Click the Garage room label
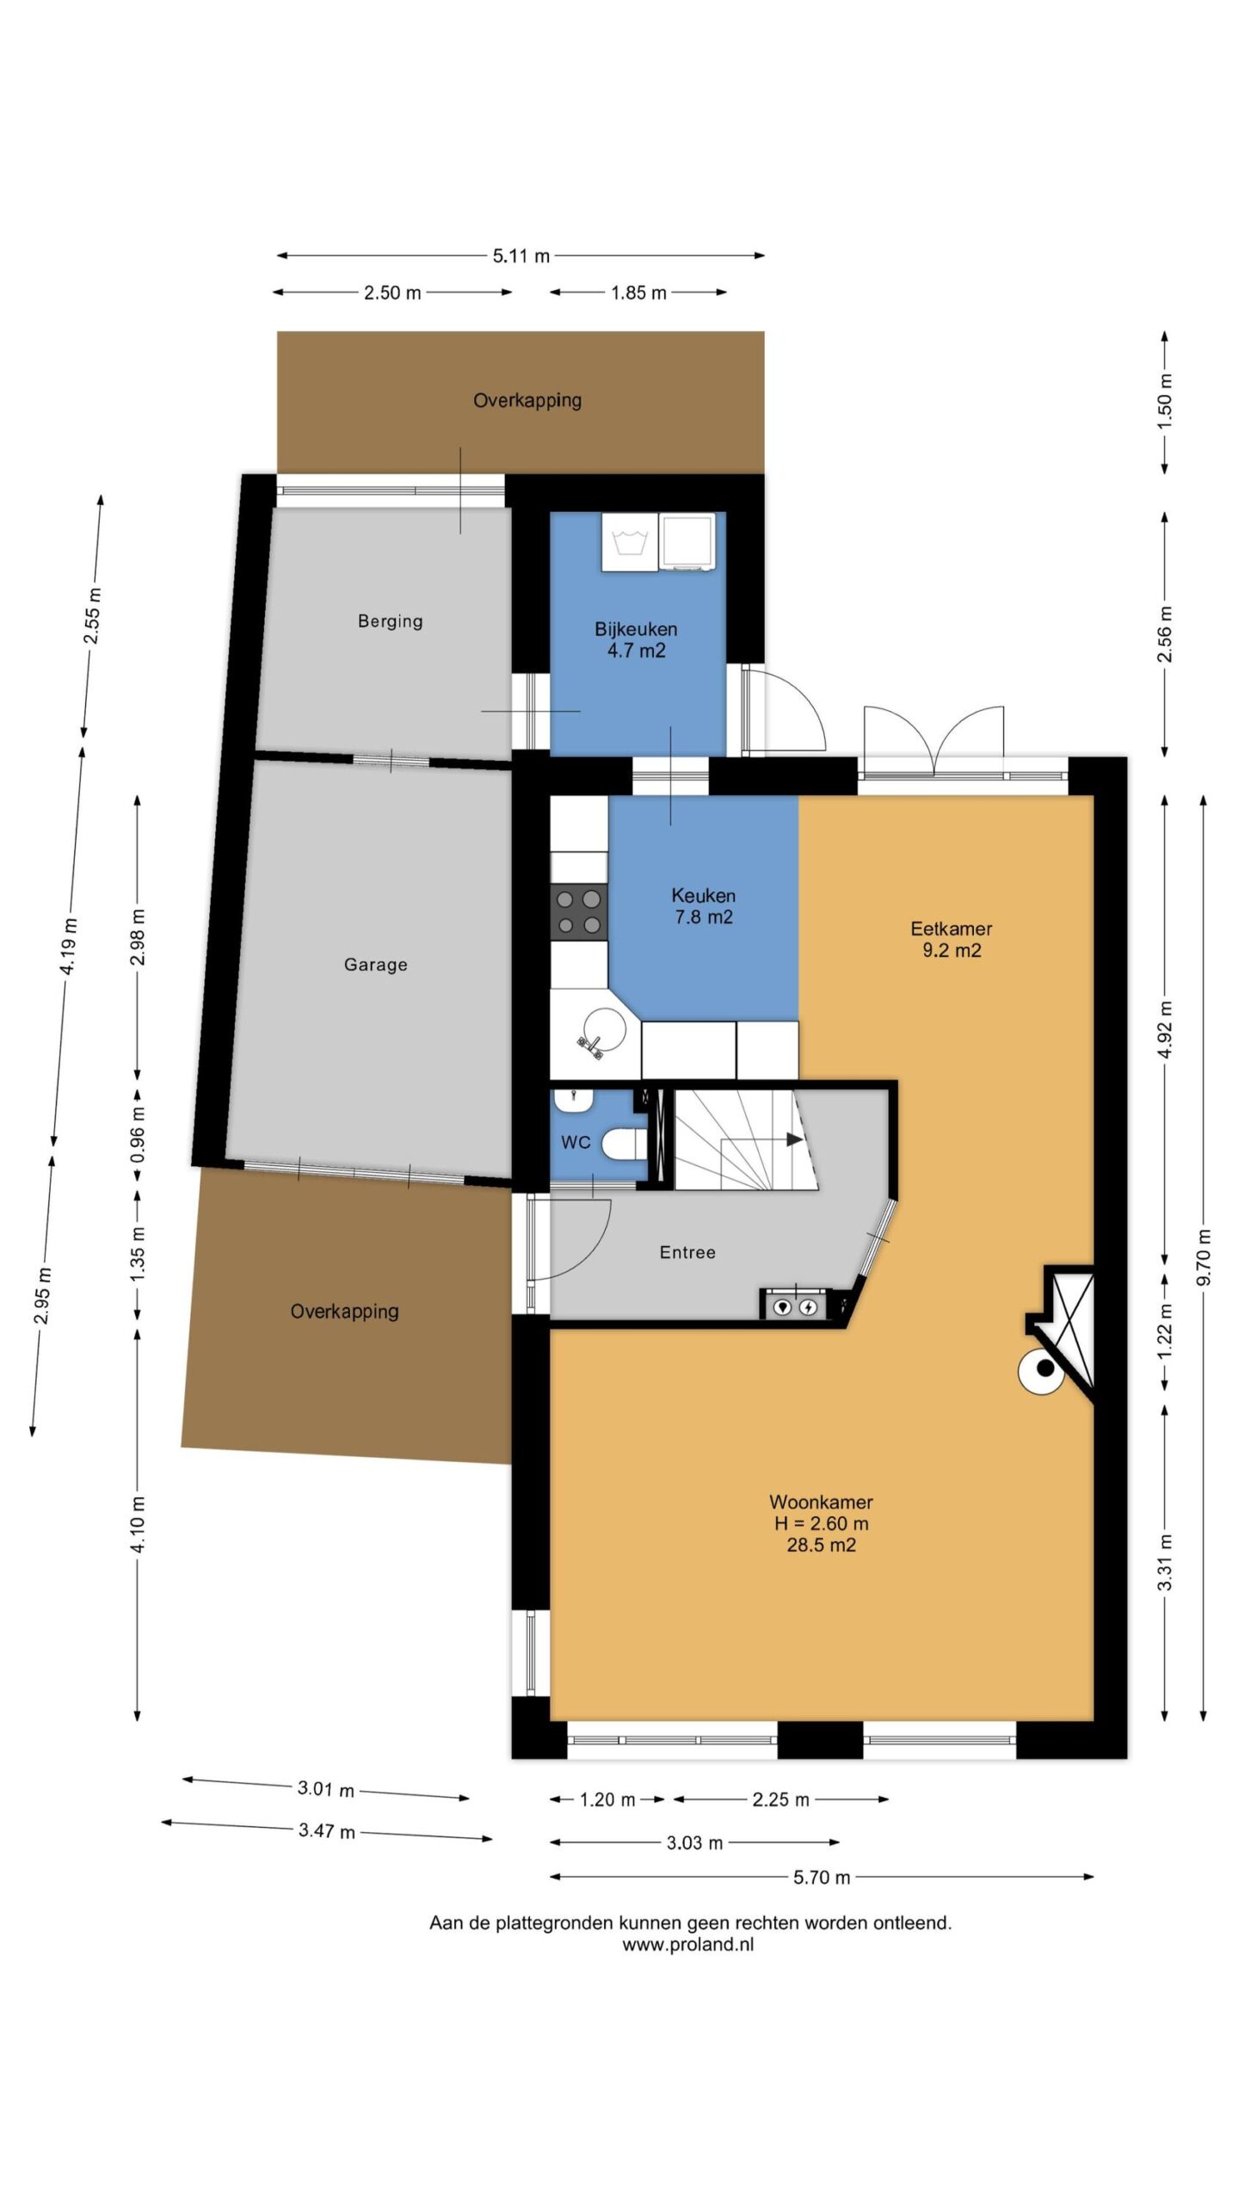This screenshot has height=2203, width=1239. click(x=375, y=965)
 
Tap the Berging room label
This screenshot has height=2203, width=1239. click(x=390, y=620)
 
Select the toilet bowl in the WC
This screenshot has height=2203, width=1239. click(x=624, y=1145)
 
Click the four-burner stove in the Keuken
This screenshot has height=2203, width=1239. click(x=578, y=912)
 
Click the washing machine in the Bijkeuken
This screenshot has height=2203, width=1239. click(x=629, y=541)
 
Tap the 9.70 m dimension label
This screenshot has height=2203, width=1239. click(x=1203, y=1257)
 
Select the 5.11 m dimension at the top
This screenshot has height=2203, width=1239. click(x=521, y=256)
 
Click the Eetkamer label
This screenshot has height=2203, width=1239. click(x=951, y=929)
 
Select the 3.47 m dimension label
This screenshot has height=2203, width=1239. click(x=327, y=1830)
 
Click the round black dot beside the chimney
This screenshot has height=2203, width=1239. click(x=1045, y=1367)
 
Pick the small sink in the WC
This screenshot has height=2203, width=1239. click(x=571, y=1100)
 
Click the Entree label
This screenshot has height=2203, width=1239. click(x=687, y=1252)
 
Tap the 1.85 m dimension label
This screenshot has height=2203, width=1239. click(x=638, y=293)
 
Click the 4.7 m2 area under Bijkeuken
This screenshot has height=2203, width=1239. click(x=636, y=651)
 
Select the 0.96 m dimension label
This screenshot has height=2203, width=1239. click(x=138, y=1133)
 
